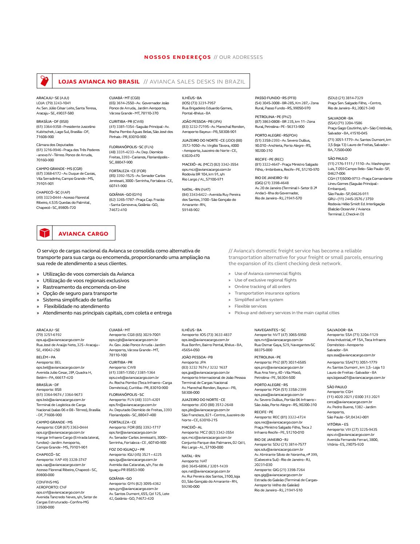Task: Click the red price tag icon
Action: click(44, 81)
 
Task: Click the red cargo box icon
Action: click(44, 233)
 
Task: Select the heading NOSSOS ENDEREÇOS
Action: click(177, 57)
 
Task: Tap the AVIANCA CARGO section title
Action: click(83, 234)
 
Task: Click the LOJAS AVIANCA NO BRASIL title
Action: click(99, 81)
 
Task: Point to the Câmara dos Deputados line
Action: click(55, 145)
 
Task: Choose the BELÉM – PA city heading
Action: click(46, 357)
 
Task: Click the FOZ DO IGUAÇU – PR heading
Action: click(127, 449)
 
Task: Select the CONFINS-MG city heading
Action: click(47, 482)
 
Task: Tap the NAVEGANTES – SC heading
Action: click(270, 330)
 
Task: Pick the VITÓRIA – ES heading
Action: click(337, 424)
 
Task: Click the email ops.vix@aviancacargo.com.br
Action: click(351, 434)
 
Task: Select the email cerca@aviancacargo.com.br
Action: click(349, 402)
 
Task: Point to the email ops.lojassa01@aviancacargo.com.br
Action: click(356, 378)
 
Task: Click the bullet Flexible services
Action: click(250, 306)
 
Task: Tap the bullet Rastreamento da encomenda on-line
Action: click(84, 287)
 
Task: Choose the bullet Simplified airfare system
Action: click(259, 300)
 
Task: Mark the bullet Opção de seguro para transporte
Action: click(80, 293)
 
